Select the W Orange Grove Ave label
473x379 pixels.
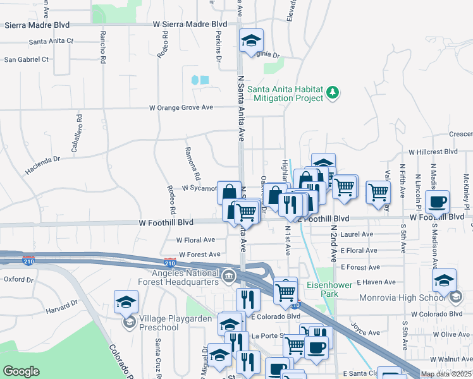[x=181, y=108]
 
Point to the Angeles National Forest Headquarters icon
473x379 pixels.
[x=228, y=276]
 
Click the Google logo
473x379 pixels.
[x=21, y=371]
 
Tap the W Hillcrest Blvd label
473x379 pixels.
[x=433, y=152]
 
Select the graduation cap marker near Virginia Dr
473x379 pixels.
[x=251, y=41]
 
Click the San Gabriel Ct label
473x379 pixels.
[x=27, y=59]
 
